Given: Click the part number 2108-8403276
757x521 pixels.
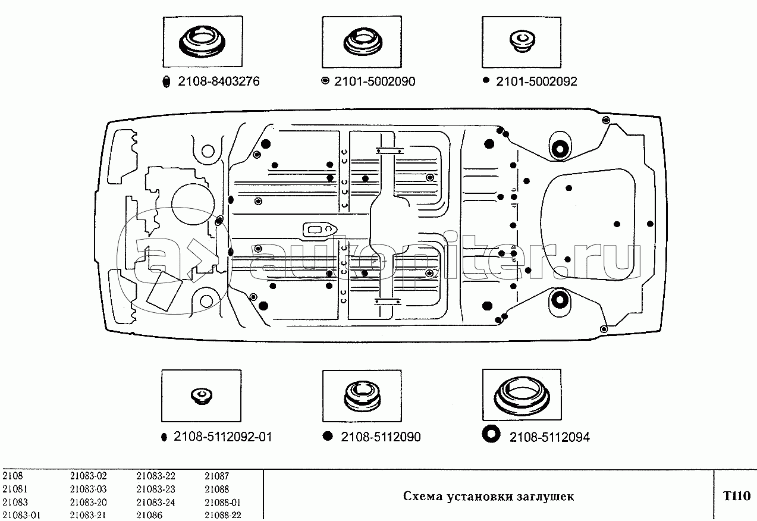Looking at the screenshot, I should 218,82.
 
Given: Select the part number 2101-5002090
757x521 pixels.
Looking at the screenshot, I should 375,82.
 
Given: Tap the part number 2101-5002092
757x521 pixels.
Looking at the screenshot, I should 536,82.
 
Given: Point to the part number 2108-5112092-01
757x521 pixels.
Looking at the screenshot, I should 223,437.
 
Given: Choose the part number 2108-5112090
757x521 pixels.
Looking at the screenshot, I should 381,437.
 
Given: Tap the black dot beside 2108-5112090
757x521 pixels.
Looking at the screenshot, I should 327,436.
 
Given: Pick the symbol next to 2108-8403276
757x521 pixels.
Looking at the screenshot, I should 167,83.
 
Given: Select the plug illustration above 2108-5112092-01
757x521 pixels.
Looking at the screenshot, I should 202,395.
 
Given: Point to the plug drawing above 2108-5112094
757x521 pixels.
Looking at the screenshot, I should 520,394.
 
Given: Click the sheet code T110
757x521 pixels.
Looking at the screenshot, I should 736,496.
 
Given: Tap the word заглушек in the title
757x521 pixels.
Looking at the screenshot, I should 546,497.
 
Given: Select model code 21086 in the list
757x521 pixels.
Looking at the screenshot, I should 149,516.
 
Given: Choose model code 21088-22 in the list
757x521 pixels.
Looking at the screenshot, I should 222,516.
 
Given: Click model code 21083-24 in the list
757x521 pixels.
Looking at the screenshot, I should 155,503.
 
